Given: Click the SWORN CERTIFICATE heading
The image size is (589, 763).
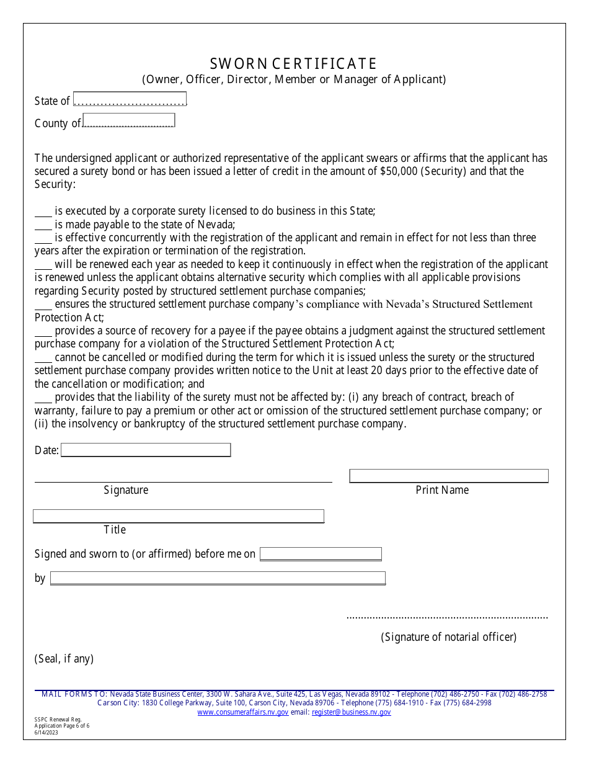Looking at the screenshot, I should tap(293, 64).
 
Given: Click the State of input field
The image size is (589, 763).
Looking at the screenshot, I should tap(130, 100).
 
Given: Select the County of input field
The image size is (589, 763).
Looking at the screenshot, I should tap(129, 120).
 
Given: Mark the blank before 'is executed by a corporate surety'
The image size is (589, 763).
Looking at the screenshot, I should tap(43, 212).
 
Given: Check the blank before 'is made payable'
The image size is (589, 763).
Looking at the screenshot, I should tap(43, 225).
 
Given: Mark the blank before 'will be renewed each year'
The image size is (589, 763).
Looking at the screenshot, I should tap(43, 265).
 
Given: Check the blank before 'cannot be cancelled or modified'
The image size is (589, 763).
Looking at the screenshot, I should tap(43, 358).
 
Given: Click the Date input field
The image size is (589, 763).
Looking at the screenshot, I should tap(146, 450).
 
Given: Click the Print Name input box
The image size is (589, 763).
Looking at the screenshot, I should tap(449, 476).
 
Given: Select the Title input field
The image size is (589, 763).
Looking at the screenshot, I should tap(179, 516).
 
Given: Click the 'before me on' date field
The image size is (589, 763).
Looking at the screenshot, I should tap(321, 554).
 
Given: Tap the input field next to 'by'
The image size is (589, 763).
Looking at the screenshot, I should tap(218, 578).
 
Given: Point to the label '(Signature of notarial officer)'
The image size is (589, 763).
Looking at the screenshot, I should tap(448, 637).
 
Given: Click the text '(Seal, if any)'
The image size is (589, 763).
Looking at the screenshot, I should tap(64, 659).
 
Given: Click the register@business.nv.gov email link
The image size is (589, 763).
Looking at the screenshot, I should tap(351, 713).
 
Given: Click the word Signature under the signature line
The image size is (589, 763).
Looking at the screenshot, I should tap(126, 490).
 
